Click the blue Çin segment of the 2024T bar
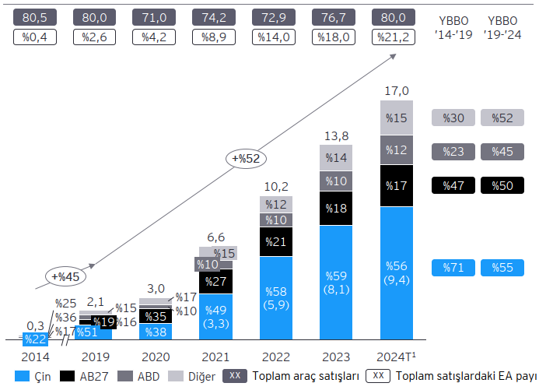click(397, 272)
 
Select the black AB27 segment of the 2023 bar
click(337, 208)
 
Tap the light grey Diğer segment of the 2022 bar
click(276, 204)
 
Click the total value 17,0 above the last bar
click(397, 90)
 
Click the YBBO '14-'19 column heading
click(453, 28)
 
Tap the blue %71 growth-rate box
click(453, 267)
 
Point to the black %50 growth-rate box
click(502, 185)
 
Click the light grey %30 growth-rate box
click(453, 118)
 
